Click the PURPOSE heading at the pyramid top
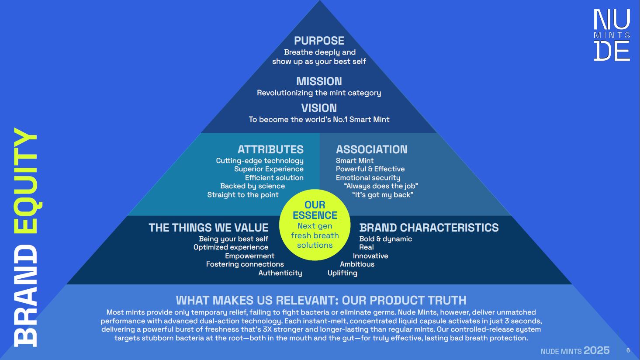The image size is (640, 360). coord(319,41)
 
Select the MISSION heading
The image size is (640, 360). coord(319,81)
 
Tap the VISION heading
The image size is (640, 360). coord(319,108)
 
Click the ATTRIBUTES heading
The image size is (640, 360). coord(270,149)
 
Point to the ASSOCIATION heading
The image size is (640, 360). coord(371,149)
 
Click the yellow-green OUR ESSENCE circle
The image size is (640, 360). coord(315,225)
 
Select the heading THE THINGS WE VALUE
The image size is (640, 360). coord(208,228)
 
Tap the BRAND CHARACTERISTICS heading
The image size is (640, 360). coord(429,228)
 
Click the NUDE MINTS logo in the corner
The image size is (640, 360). coord(612,35)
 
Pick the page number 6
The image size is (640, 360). coord(628,350)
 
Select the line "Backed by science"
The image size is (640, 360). coord(253,186)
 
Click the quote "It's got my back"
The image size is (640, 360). coord(383,195)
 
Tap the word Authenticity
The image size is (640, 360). coord(280,273)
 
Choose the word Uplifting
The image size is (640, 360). coord(342,273)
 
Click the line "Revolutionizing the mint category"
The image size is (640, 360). coord(319,93)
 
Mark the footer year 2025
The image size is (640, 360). coord(596,350)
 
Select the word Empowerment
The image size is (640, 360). coord(249,256)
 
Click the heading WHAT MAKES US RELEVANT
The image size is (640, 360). coord(256,301)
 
